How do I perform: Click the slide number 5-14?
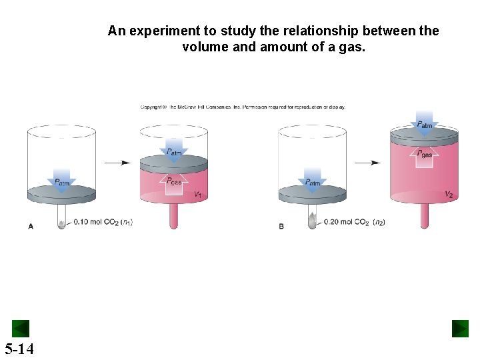19,348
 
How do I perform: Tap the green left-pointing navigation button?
21,329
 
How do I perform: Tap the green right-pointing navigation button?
460,329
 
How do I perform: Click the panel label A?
31,227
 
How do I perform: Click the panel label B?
281,227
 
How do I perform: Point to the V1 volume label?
197,195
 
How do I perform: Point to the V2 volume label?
449,195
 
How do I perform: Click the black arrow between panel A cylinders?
118,162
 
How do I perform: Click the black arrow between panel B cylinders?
368,162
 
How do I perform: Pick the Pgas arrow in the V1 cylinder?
173,183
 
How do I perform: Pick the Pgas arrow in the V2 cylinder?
425,157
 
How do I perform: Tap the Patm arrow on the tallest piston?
425,123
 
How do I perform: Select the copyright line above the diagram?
243,107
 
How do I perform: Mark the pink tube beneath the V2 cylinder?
424,216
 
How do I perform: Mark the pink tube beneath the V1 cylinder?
173,216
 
